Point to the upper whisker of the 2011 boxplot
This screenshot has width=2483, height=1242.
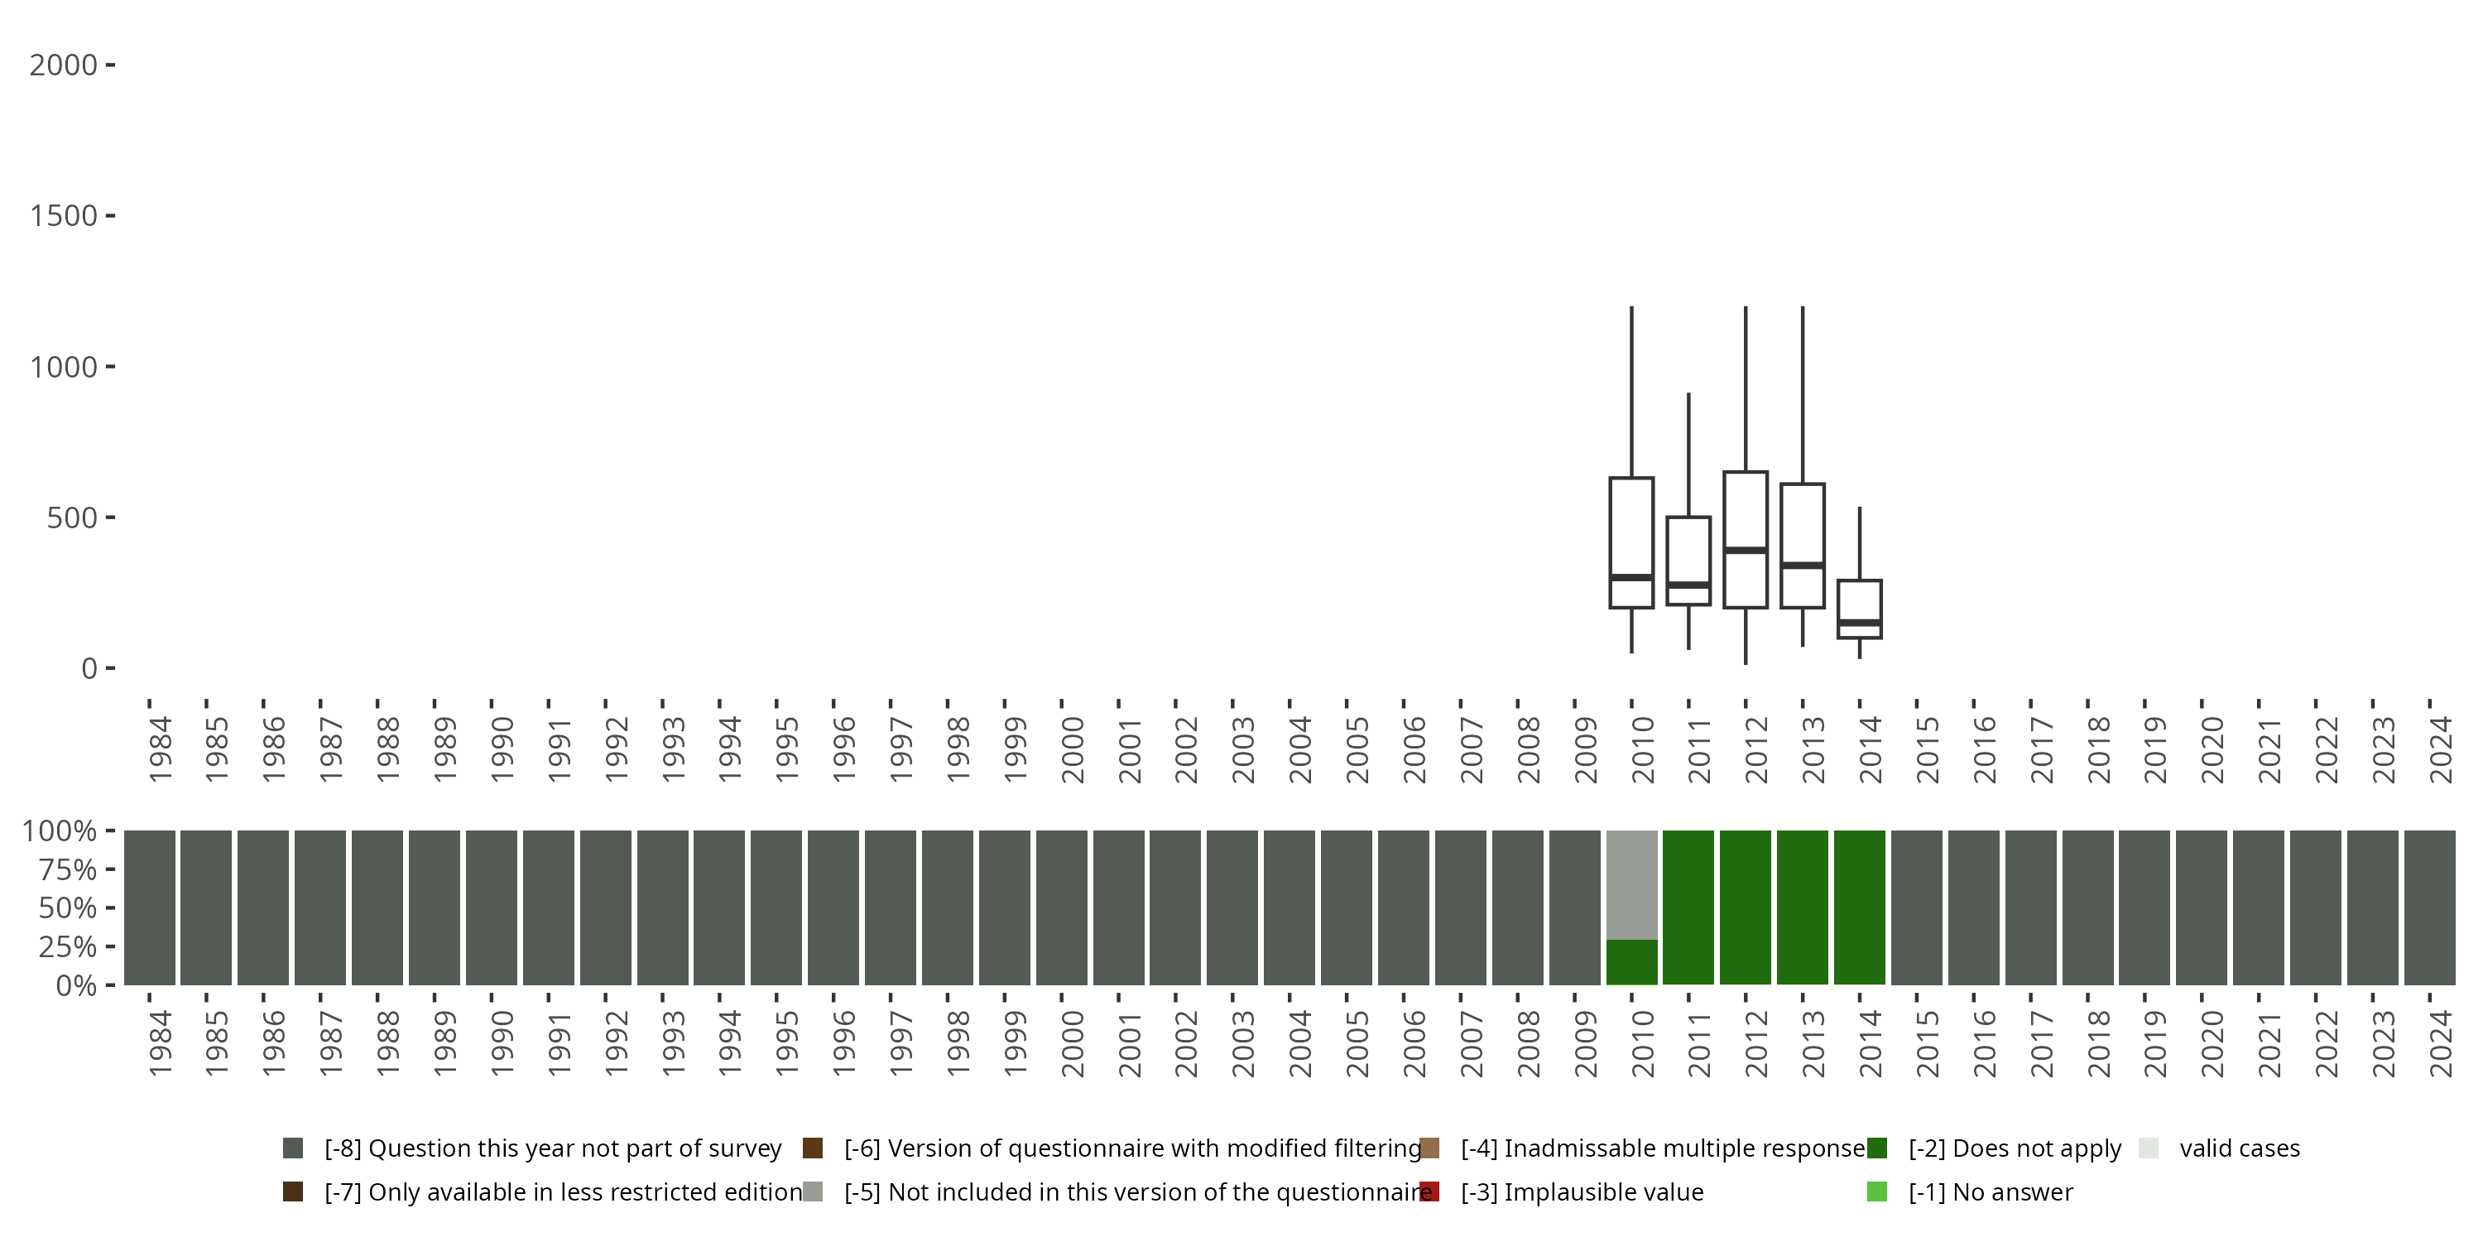click(x=1688, y=453)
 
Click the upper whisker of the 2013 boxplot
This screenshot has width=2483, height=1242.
click(x=1803, y=395)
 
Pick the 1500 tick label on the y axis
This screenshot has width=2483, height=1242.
click(x=64, y=216)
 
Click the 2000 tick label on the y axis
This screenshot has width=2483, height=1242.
click(x=64, y=65)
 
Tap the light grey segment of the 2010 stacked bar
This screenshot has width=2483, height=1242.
click(x=1631, y=884)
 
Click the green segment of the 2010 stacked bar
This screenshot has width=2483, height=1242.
click(x=1631, y=961)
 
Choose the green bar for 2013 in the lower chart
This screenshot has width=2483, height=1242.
click(x=1803, y=907)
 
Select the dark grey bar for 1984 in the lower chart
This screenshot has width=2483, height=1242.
click(x=150, y=907)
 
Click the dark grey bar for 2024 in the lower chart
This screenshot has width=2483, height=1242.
click(x=2429, y=907)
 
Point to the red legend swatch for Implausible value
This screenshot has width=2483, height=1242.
click(x=1429, y=1191)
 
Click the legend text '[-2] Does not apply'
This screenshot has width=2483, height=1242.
click(x=2015, y=1148)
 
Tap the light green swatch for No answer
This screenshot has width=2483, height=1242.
click(x=1876, y=1191)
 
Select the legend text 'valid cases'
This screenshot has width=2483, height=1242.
click(x=2239, y=1148)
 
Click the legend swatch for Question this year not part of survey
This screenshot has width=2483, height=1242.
click(x=293, y=1148)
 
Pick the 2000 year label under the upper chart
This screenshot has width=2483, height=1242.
click(x=1072, y=749)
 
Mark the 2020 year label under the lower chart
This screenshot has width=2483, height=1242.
click(x=2212, y=1043)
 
